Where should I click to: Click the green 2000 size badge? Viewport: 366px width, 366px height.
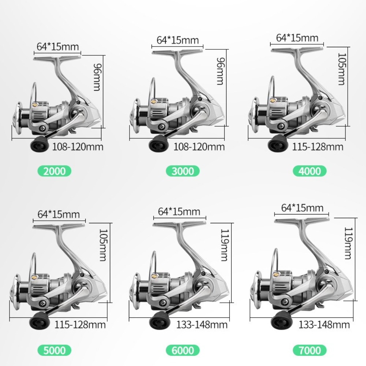[x=55, y=171]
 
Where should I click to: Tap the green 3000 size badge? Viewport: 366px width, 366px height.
[x=183, y=171]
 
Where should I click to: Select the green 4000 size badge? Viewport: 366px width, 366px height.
[x=310, y=171]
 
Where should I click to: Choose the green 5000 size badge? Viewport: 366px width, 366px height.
[x=55, y=350]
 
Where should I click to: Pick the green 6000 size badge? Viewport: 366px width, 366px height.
[x=183, y=350]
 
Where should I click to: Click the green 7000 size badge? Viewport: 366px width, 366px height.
[x=310, y=350]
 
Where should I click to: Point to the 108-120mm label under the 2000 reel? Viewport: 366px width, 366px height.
[x=78, y=147]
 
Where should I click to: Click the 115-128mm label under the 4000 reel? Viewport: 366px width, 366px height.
[x=318, y=147]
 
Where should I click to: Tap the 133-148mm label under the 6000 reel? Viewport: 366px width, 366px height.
[x=202, y=325]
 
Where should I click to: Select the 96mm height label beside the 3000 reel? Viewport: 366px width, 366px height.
[x=221, y=71]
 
